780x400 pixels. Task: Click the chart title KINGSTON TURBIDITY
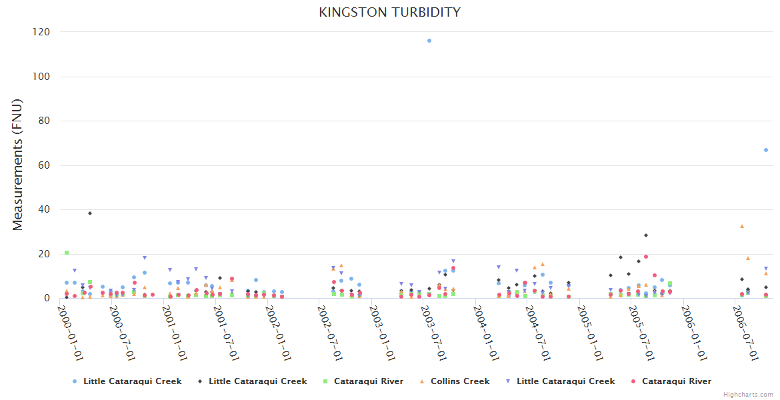pyautogui.click(x=389, y=13)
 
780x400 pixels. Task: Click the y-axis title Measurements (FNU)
pyautogui.click(x=18, y=165)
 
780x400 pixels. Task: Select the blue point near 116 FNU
pyautogui.click(x=429, y=41)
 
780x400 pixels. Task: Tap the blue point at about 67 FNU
pyautogui.click(x=766, y=150)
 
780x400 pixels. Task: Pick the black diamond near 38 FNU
pyautogui.click(x=90, y=213)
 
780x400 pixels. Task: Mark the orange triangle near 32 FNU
pyautogui.click(x=742, y=226)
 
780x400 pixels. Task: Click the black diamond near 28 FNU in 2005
pyautogui.click(x=646, y=235)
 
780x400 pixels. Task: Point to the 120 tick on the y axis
pyautogui.click(x=43, y=32)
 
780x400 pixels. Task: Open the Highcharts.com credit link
pyautogui.click(x=748, y=395)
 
